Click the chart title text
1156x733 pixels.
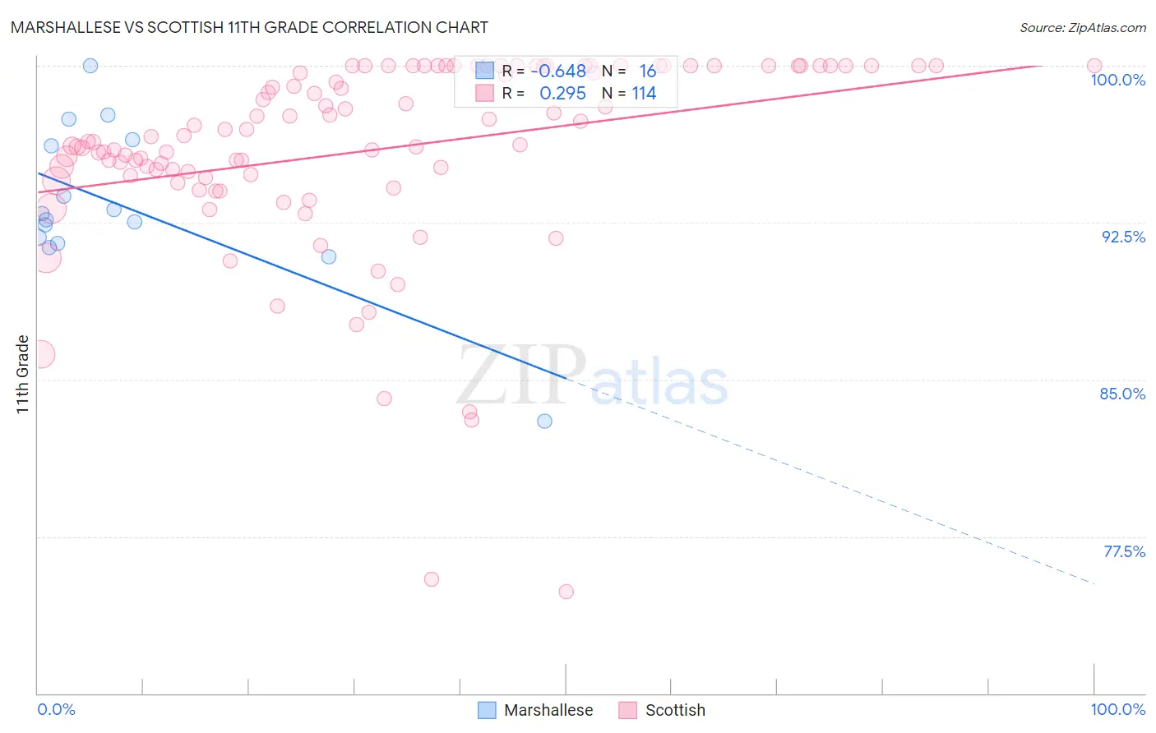(249, 27)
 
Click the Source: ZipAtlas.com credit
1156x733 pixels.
(1082, 27)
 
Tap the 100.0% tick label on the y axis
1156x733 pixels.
(1117, 80)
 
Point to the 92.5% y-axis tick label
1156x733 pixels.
(1123, 237)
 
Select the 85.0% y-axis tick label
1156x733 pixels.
(1122, 394)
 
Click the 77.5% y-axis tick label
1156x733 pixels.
(1124, 551)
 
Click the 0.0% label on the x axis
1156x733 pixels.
(56, 709)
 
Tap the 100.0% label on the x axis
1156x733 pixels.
(1117, 709)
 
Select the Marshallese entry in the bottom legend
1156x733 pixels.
(548, 710)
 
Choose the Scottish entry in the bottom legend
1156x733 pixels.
(674, 710)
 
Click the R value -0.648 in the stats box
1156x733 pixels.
(558, 71)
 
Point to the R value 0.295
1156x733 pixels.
(562, 93)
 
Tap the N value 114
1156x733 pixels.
(644, 93)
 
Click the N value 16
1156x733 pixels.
(647, 71)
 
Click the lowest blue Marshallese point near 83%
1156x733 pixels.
(544, 421)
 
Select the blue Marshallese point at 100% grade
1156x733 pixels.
(90, 66)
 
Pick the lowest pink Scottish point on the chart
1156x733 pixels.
(566, 592)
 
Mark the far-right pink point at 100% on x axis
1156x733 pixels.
(1094, 66)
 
